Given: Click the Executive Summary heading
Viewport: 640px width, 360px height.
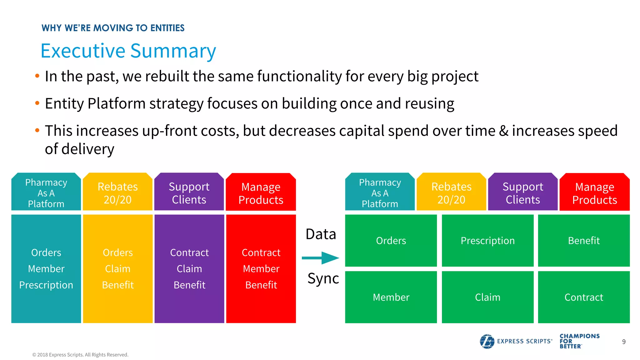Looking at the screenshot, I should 128,51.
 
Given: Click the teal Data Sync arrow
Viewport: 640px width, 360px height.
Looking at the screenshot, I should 320,258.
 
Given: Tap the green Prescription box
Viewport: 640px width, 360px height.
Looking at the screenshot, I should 487,240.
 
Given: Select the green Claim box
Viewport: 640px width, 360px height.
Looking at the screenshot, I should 487,297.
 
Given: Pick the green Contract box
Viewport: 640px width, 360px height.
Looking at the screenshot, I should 584,297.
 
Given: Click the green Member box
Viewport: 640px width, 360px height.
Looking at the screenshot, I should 391,297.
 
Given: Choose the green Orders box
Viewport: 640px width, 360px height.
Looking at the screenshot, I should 391,240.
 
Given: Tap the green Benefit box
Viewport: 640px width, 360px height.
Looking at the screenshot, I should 584,240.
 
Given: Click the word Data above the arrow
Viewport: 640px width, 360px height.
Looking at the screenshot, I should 321,234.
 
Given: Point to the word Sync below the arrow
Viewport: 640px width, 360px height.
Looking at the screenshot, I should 323,278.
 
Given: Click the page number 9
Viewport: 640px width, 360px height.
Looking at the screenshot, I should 624,342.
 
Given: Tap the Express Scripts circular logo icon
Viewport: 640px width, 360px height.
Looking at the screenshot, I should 487,341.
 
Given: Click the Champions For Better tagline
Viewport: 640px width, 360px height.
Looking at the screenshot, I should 579,341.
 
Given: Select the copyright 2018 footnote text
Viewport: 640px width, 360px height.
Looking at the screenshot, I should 80,355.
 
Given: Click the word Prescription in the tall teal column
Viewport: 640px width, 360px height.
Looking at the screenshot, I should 46,285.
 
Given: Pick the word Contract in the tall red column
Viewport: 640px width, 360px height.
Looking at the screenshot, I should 261,252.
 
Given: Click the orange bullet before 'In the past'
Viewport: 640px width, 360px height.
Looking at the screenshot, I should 37,76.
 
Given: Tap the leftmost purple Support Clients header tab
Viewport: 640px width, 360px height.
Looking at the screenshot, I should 189,193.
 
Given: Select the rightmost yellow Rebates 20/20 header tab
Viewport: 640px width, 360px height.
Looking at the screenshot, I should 451,193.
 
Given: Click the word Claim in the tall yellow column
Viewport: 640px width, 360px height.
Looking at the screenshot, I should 117,269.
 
